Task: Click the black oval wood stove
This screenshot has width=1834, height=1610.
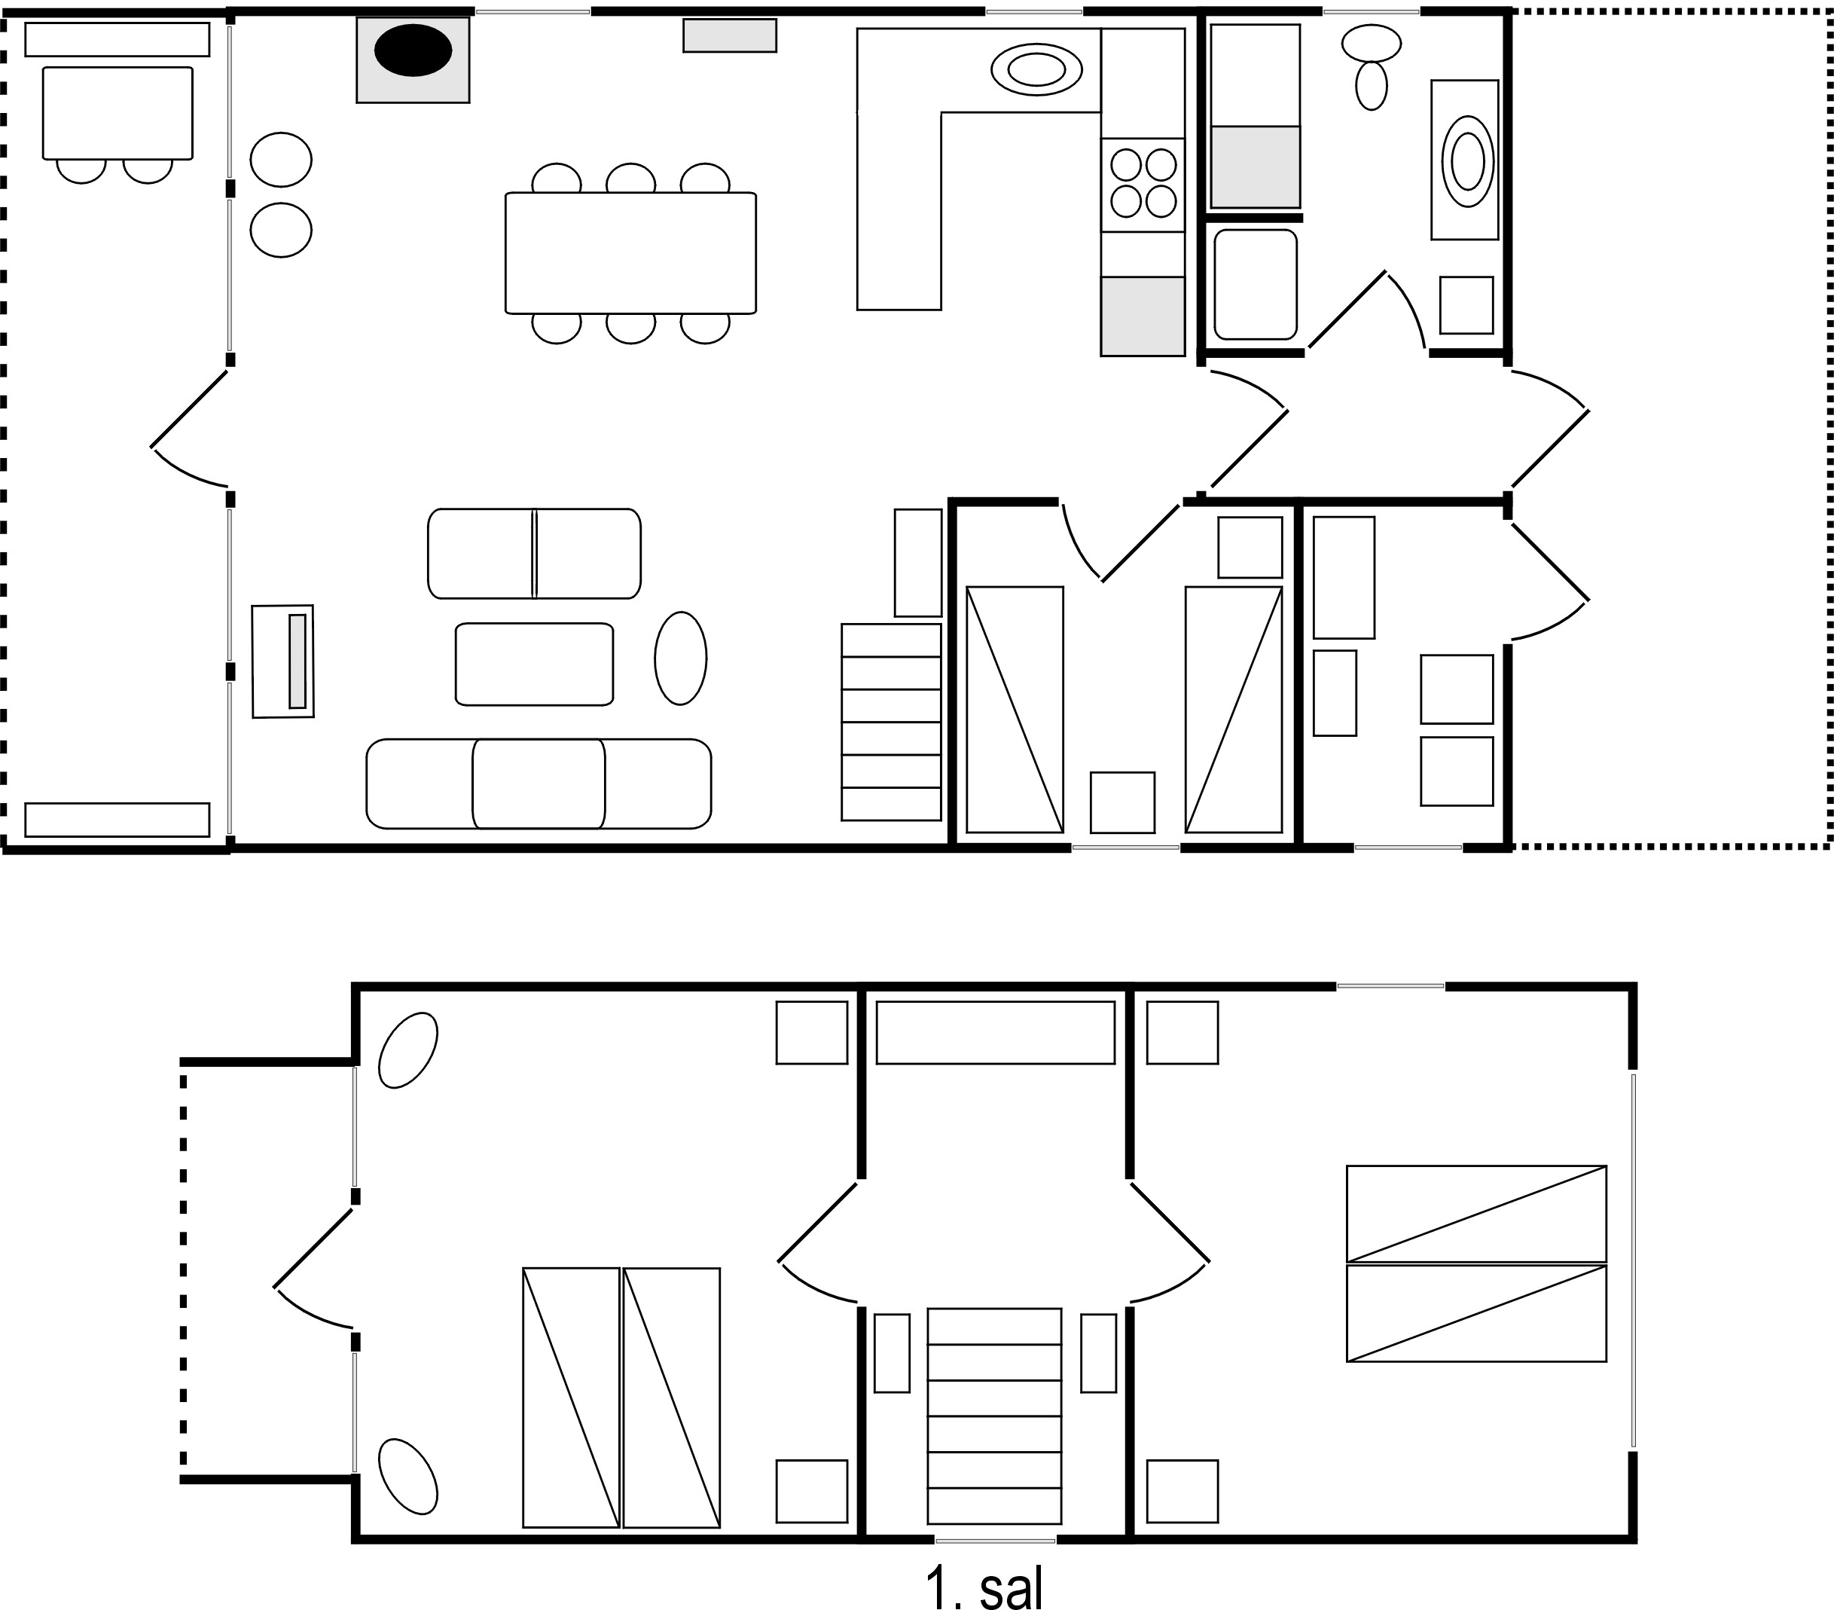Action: click(x=413, y=51)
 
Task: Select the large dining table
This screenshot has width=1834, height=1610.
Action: click(x=630, y=253)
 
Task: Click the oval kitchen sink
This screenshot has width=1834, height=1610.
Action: click(x=1036, y=69)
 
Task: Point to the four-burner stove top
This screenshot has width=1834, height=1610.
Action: click(x=1143, y=183)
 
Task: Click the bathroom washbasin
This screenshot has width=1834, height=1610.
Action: click(x=1467, y=160)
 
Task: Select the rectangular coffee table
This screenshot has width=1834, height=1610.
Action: click(x=535, y=664)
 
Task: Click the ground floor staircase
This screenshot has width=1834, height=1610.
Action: click(x=891, y=723)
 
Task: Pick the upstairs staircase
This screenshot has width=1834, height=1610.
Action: click(x=994, y=1416)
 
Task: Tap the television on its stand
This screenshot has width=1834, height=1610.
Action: click(x=282, y=661)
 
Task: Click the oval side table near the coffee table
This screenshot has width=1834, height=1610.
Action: click(x=681, y=658)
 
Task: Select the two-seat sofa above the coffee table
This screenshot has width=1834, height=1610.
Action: click(x=534, y=554)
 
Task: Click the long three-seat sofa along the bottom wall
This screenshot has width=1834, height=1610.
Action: click(x=539, y=784)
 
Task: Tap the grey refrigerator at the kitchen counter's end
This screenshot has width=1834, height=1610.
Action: click(x=1143, y=316)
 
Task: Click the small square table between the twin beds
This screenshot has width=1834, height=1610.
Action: click(x=1122, y=802)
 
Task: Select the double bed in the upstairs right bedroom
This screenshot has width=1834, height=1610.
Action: click(x=1476, y=1263)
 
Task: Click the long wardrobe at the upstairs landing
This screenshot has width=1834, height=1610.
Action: click(x=995, y=1033)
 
